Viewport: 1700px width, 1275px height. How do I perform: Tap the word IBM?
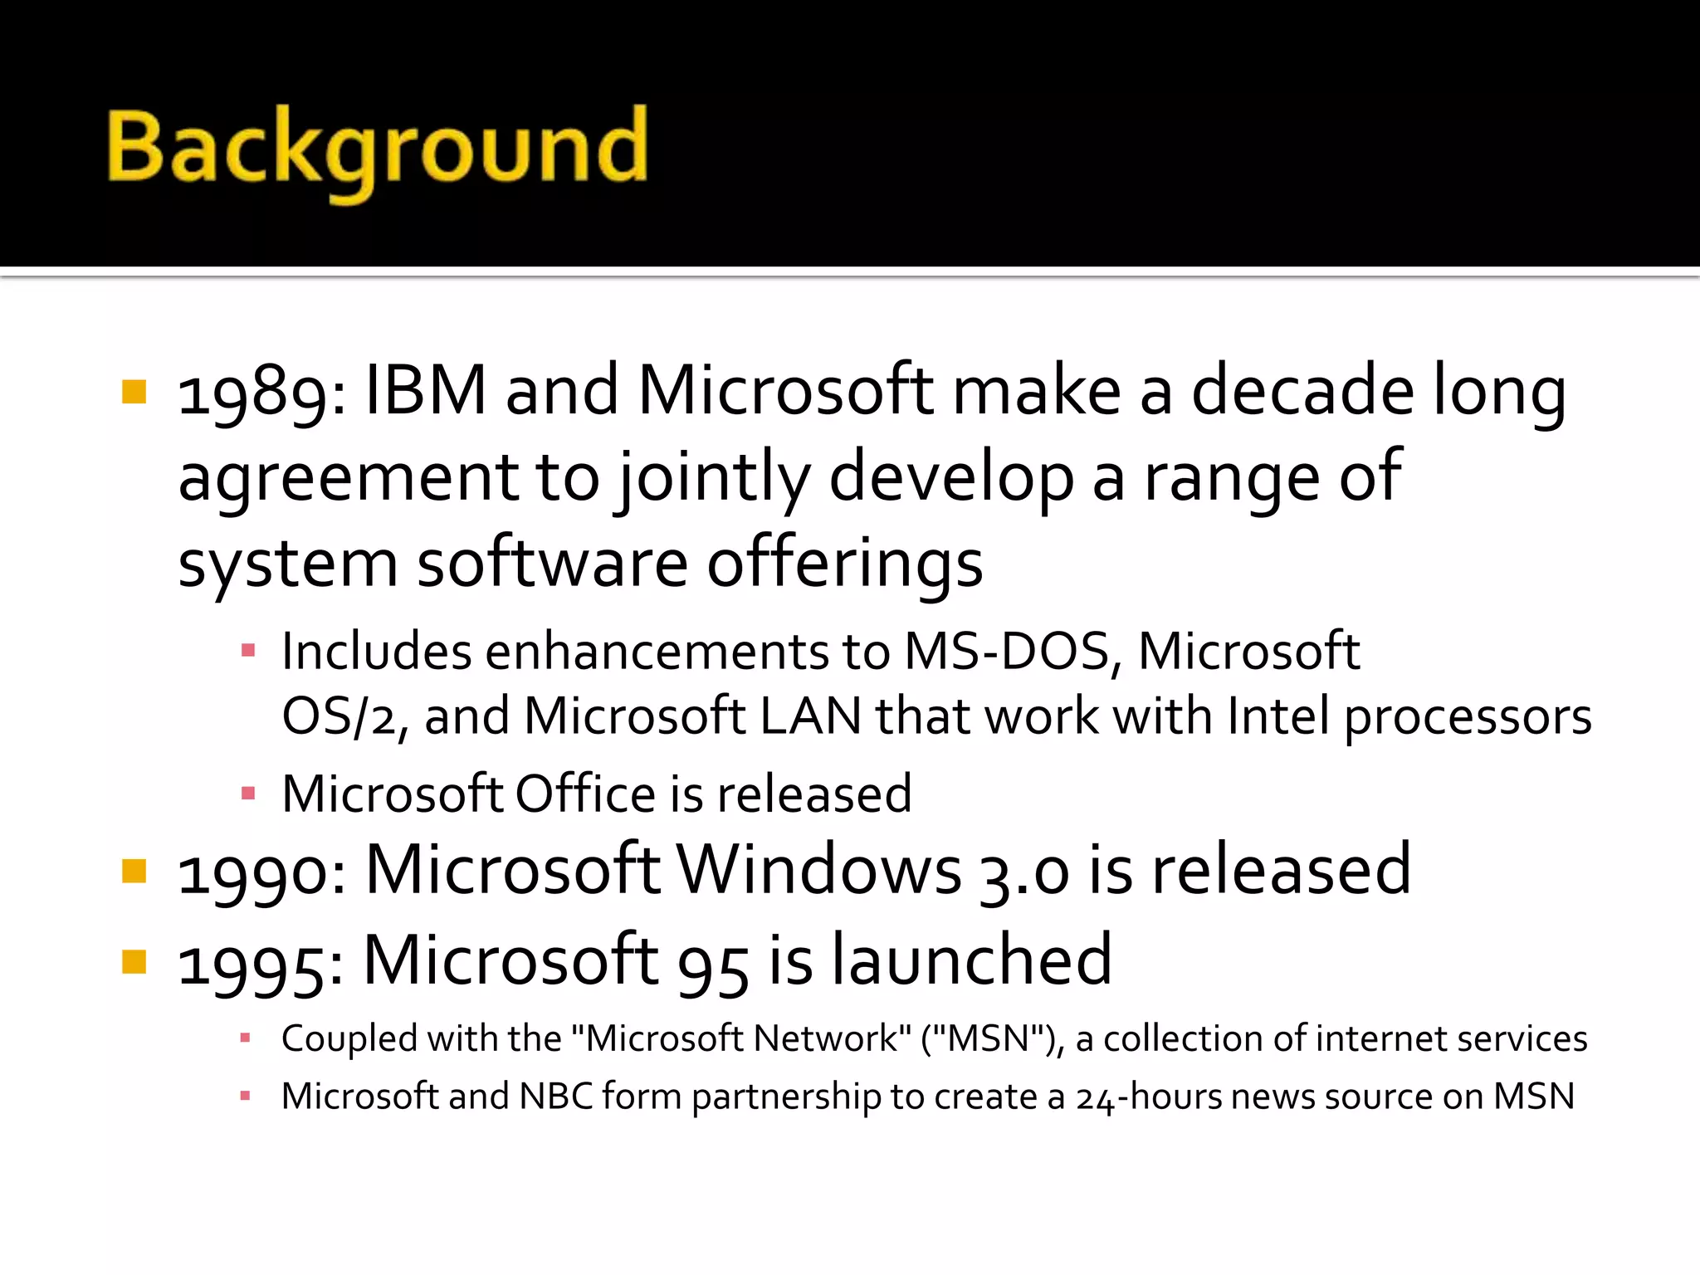(x=425, y=390)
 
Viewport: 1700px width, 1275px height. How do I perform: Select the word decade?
(x=1302, y=390)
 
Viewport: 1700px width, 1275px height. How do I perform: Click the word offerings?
(x=844, y=564)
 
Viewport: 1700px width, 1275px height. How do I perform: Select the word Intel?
(x=1278, y=716)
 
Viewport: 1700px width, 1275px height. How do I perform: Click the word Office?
(x=585, y=794)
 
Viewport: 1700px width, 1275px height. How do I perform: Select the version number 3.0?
(x=1023, y=873)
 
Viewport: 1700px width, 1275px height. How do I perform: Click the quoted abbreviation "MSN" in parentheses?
(x=988, y=1039)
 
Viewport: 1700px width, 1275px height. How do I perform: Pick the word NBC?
(x=555, y=1097)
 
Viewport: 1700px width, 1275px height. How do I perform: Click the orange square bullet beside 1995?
(x=134, y=961)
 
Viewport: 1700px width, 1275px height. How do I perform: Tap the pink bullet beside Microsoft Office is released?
(x=247, y=794)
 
